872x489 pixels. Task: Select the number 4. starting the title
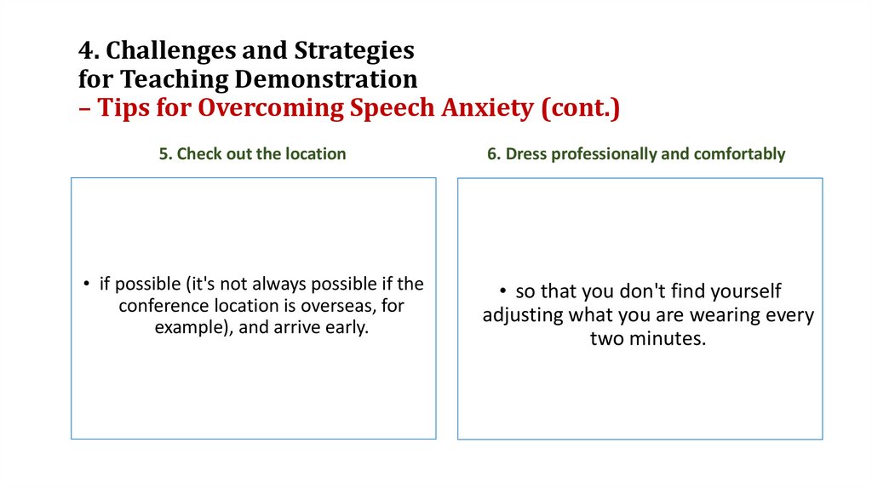pyautogui.click(x=88, y=51)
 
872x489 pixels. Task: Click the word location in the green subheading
pyautogui.click(x=315, y=154)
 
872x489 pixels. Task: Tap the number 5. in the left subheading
pyautogui.click(x=165, y=154)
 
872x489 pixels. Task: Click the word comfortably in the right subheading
pyautogui.click(x=740, y=154)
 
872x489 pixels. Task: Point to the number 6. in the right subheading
pyautogui.click(x=493, y=154)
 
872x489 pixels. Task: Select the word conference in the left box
pyautogui.click(x=159, y=306)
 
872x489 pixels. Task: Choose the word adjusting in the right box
pyautogui.click(x=522, y=315)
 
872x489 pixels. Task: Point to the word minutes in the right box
pyautogui.click(x=669, y=338)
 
